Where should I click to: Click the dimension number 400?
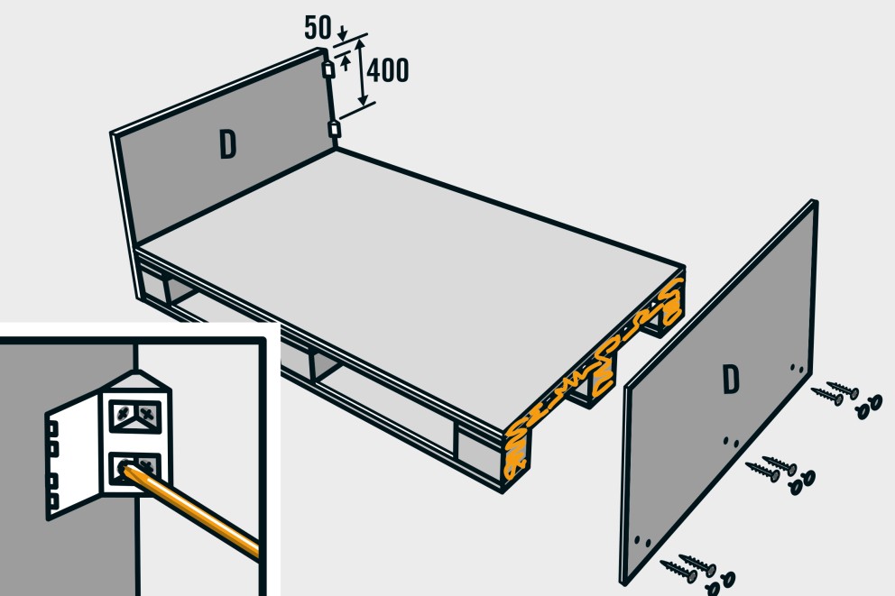pyautogui.click(x=388, y=70)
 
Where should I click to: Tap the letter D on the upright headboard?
pyautogui.click(x=227, y=144)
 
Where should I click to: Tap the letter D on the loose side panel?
pyautogui.click(x=731, y=380)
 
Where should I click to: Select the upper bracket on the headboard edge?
pyautogui.click(x=328, y=70)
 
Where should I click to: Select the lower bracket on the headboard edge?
pyautogui.click(x=335, y=130)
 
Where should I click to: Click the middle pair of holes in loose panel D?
pyautogui.click(x=731, y=442)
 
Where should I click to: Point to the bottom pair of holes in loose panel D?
pyautogui.click(x=642, y=541)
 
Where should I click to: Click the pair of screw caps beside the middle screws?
pyautogui.click(x=801, y=482)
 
